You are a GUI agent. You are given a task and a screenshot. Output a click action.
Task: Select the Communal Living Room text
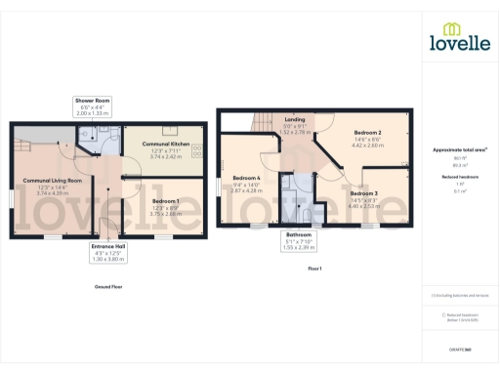click(x=53, y=181)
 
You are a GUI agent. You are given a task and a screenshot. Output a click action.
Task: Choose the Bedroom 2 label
click(x=366, y=132)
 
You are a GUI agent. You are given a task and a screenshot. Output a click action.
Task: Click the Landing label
click(x=294, y=119)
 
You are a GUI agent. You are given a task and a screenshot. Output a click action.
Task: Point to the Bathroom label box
click(x=299, y=239)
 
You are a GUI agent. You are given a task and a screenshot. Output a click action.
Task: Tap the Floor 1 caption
click(x=314, y=268)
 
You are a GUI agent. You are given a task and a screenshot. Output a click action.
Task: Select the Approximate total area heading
click(x=460, y=149)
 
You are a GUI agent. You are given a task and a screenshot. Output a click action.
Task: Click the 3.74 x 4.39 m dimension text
click(x=53, y=193)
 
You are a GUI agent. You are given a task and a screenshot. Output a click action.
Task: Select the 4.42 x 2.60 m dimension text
click(x=366, y=145)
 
